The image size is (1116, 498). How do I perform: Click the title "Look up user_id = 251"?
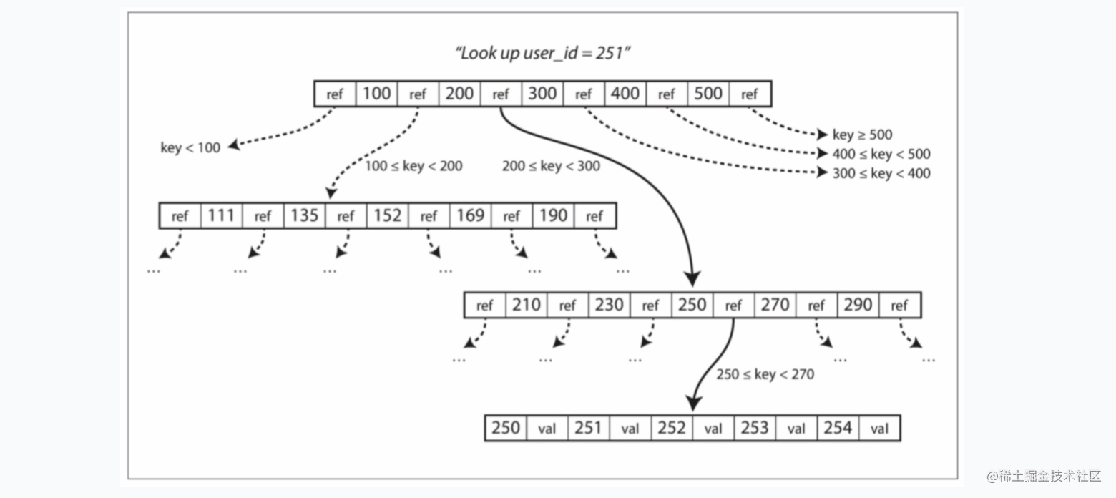(x=542, y=53)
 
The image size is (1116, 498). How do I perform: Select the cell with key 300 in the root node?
(x=542, y=94)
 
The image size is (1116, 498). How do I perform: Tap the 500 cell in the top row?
(x=708, y=94)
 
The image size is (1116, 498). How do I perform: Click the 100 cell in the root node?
(x=376, y=94)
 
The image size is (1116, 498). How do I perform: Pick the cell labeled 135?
(x=305, y=216)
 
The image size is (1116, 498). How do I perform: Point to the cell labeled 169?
(x=470, y=216)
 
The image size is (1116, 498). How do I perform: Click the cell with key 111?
(x=221, y=216)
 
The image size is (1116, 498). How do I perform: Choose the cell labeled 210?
(x=526, y=305)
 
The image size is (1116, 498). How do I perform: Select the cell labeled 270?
(x=775, y=305)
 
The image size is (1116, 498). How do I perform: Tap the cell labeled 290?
(x=858, y=305)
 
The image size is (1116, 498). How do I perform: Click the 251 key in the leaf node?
(x=588, y=428)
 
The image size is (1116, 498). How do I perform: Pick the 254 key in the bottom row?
(x=838, y=428)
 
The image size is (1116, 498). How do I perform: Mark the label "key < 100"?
(x=190, y=147)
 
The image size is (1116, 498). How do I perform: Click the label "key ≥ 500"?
(x=863, y=135)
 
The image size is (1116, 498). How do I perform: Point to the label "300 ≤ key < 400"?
(x=881, y=173)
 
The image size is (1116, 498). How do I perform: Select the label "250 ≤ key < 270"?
(x=765, y=374)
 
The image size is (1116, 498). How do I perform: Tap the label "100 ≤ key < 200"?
(x=413, y=166)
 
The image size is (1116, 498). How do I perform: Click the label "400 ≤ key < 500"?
(x=881, y=154)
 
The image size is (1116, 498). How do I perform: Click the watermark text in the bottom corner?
(x=1044, y=476)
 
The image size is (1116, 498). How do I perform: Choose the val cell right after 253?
(x=796, y=428)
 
